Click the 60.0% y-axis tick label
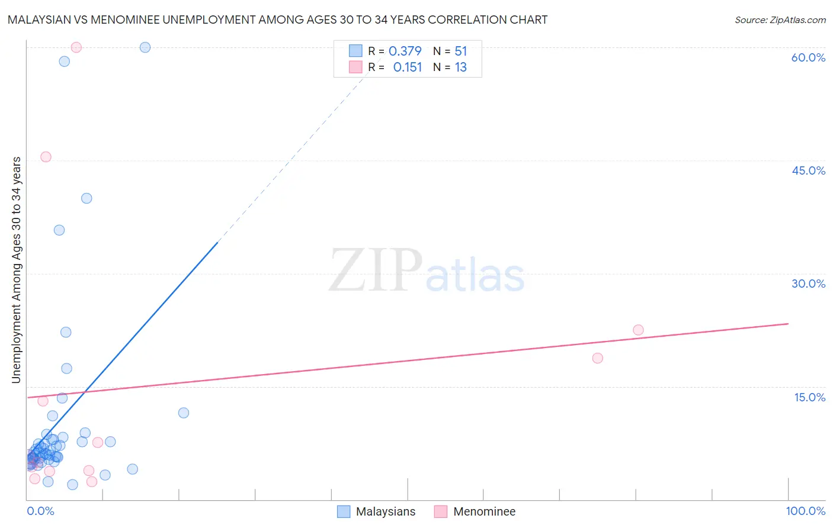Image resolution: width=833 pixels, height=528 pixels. pos(808,57)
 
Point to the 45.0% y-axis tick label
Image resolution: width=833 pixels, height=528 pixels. pos(808,170)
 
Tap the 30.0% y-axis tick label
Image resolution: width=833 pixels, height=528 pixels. pos(808,284)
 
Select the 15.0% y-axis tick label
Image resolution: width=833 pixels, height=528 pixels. pos(809,397)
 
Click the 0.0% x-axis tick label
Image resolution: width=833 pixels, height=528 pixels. pos(40,511)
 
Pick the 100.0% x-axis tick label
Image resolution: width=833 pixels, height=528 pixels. pos(805,511)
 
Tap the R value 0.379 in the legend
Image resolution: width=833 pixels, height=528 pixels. pos(405,51)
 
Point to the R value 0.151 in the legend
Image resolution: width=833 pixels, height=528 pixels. pos(408,67)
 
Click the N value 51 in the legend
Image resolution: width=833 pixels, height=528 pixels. pos(461,51)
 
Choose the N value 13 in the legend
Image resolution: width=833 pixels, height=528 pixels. pos(461,67)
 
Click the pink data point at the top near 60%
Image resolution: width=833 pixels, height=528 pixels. pos(76,47)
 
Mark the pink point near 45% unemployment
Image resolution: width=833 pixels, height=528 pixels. pos(46,157)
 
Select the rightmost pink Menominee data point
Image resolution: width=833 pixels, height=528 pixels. pos(638,330)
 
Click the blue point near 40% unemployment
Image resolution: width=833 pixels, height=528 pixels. pos(86,198)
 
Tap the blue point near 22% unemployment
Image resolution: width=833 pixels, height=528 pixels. pos(66,332)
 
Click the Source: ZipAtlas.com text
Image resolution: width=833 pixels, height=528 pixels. pos(780,20)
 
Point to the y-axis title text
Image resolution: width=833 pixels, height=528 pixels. pos(16,269)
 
